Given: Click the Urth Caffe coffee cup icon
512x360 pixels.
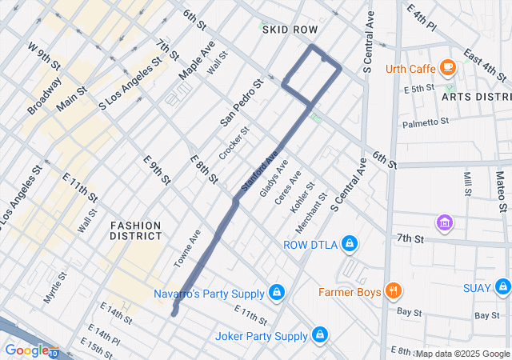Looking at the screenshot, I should pyautogui.click(x=447, y=66).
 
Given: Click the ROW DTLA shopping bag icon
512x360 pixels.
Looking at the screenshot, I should pyautogui.click(x=349, y=243).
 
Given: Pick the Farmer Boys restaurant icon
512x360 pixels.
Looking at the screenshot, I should pyautogui.click(x=392, y=291).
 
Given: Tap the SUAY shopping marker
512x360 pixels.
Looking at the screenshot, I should pyautogui.click(x=502, y=287).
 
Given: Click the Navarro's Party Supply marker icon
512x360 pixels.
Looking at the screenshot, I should pyautogui.click(x=276, y=292).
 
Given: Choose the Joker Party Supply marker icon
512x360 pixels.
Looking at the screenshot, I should pyautogui.click(x=319, y=335).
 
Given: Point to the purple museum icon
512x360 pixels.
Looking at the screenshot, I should pyautogui.click(x=443, y=222).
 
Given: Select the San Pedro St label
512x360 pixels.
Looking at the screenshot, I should pyautogui.click(x=241, y=103).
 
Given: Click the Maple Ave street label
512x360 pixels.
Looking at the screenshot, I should pyautogui.click(x=196, y=61).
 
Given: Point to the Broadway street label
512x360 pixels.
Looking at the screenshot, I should pyautogui.click(x=44, y=95).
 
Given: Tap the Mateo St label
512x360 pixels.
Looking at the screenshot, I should pyautogui.click(x=500, y=185).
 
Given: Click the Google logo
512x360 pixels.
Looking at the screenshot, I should pyautogui.click(x=26, y=350).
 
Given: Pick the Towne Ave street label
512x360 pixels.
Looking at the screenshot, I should pyautogui.click(x=187, y=249).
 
